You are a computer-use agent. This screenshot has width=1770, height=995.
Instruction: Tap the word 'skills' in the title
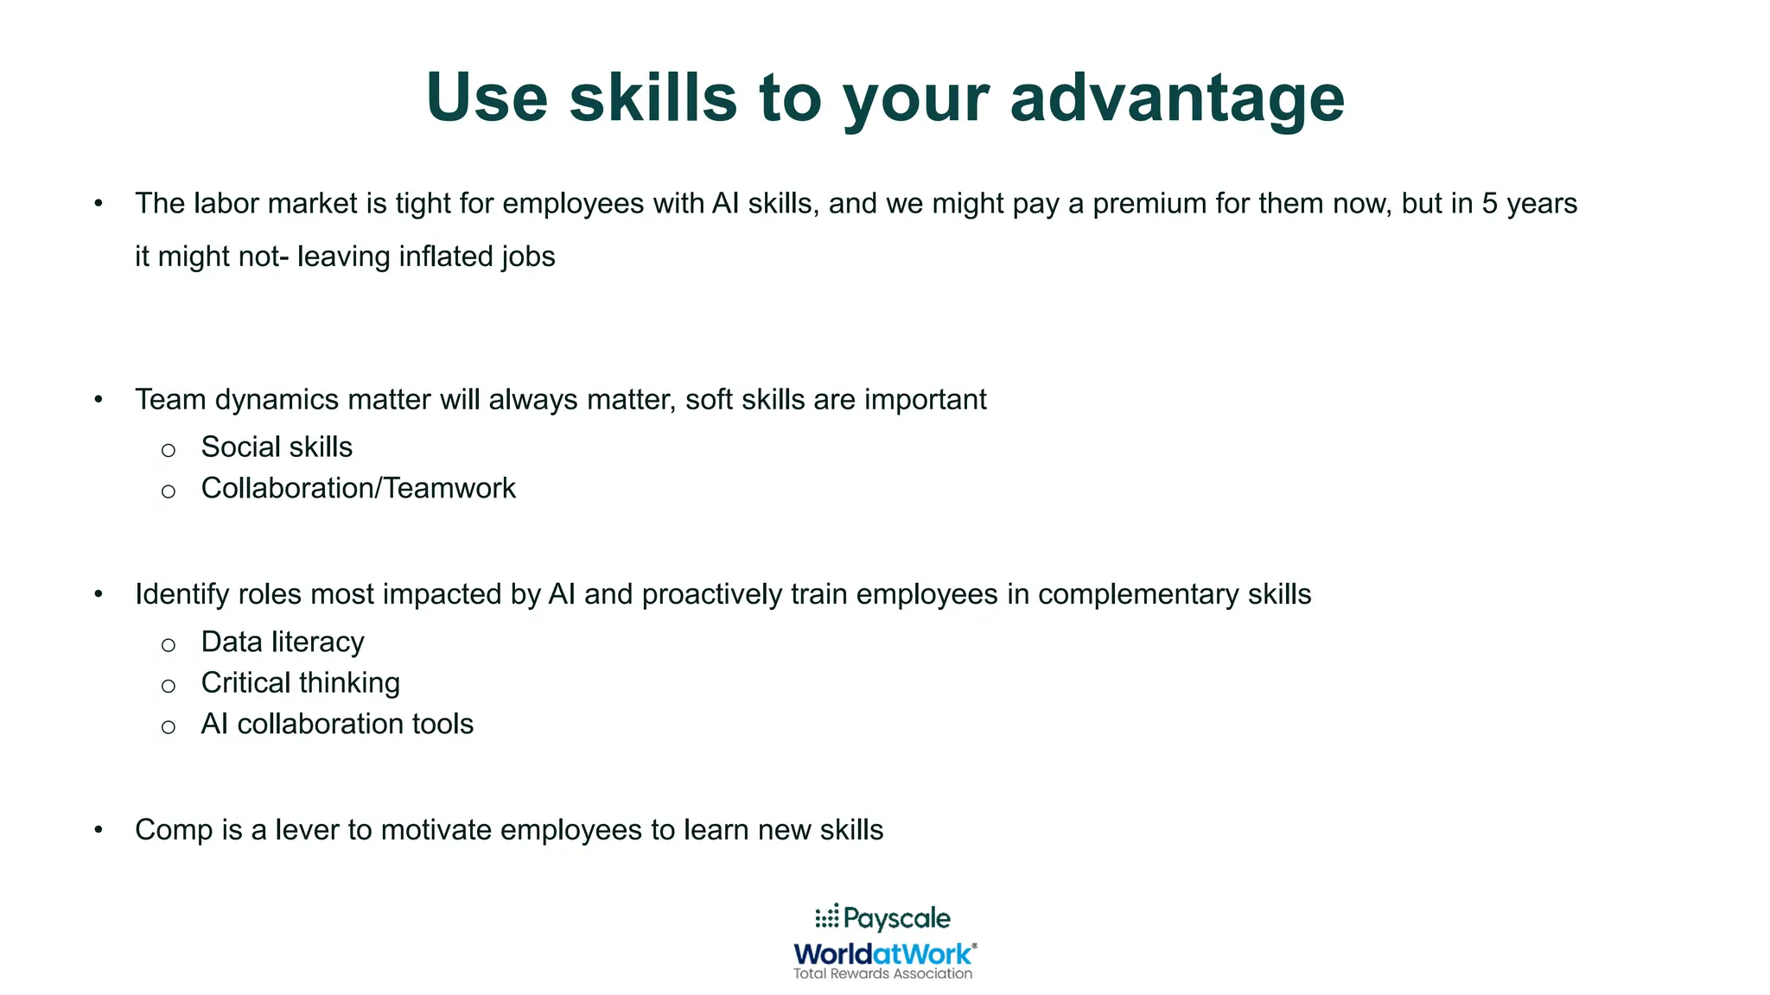coord(653,97)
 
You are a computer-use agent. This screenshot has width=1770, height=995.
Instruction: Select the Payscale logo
coord(882,917)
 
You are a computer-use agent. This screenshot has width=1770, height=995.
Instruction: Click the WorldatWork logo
coord(884,954)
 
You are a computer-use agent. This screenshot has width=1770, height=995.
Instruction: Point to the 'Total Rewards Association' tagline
coord(882,974)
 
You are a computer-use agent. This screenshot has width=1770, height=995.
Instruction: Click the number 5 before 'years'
coord(1489,204)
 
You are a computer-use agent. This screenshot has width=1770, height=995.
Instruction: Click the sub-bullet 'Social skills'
coord(277,447)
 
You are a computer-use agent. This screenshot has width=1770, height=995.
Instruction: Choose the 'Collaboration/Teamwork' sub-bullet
coord(358,489)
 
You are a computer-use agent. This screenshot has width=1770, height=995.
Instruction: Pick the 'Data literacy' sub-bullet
coord(283,643)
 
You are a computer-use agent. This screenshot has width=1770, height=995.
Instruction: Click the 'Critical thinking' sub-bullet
coord(300,683)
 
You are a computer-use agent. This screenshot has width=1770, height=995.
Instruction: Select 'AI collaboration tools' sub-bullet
coord(337,724)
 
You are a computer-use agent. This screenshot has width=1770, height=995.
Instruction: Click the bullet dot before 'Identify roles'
coord(99,594)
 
